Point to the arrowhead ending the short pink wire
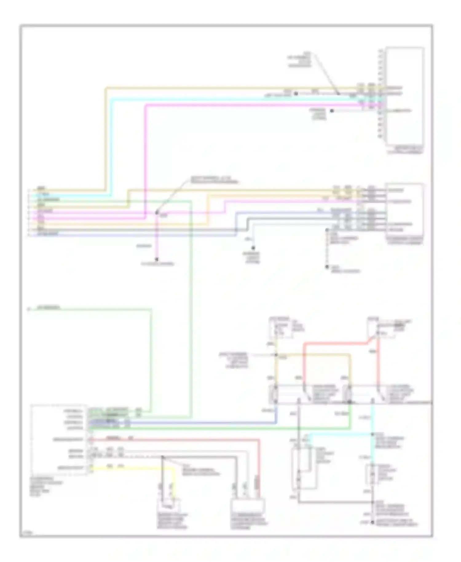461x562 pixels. tap(157, 259)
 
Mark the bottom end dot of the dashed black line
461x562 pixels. tap(327, 267)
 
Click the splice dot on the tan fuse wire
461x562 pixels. tap(276, 355)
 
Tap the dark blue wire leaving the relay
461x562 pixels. tap(184, 423)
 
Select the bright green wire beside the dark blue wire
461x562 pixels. tap(215, 427)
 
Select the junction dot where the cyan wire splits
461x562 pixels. tap(372, 434)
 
